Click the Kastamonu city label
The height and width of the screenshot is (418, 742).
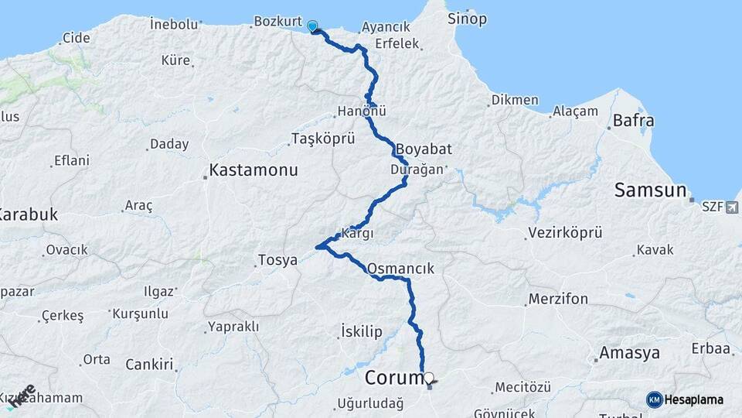coord(254,170)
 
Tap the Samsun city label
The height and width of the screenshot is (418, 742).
coord(650,190)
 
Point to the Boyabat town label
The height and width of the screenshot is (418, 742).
coord(424,149)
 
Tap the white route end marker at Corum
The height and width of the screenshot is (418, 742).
coord(429,378)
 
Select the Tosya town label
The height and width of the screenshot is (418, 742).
coord(277,260)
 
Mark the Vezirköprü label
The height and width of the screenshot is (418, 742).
coord(565,232)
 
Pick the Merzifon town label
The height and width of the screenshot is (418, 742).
coord(558,299)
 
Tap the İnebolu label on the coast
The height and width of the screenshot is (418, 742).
coord(175,24)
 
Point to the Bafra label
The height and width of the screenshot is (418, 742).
coord(633,121)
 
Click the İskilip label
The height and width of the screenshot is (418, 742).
coord(361,332)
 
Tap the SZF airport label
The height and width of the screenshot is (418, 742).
coord(712,207)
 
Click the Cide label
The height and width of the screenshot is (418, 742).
coord(76,37)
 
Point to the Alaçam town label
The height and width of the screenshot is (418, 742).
coord(575,111)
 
